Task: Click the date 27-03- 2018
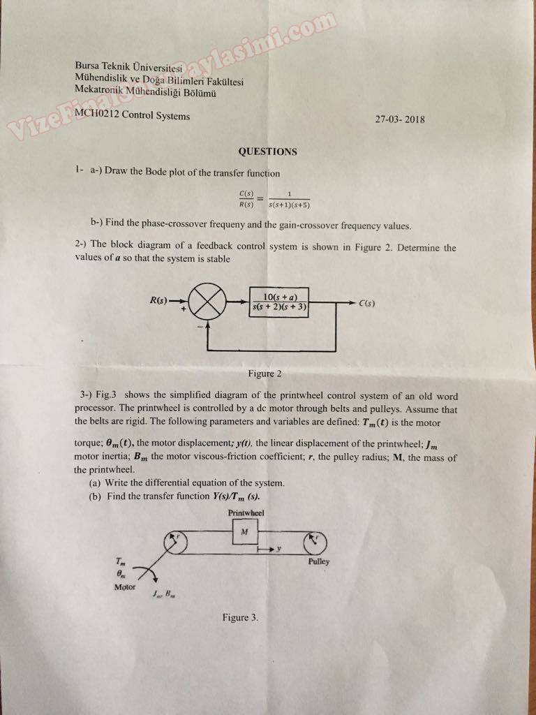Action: [399, 119]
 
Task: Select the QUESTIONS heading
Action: [267, 152]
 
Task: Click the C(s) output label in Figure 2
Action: [367, 304]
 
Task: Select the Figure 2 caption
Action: [265, 374]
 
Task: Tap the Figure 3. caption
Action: [240, 617]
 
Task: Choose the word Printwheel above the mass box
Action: [244, 513]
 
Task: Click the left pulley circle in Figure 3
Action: [174, 543]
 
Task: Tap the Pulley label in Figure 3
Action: [318, 561]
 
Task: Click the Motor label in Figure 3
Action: [126, 587]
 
